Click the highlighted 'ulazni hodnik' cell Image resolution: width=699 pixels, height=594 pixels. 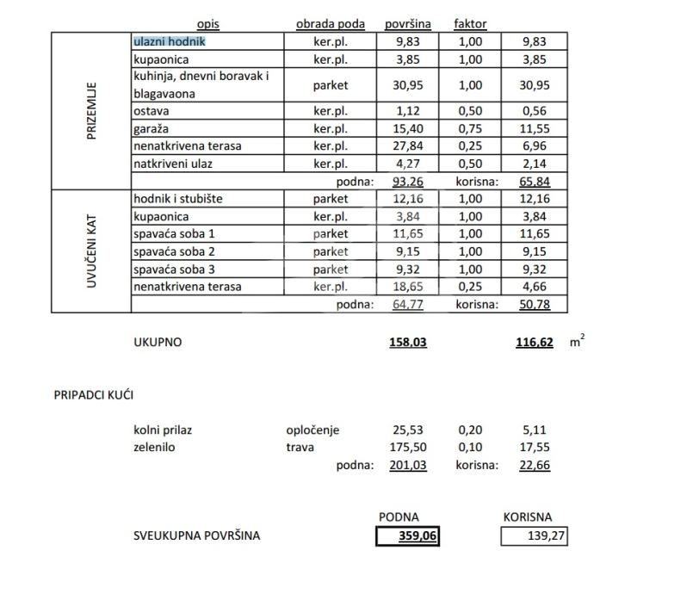170,41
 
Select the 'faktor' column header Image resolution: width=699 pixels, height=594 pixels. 470,24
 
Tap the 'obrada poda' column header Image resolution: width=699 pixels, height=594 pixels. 331,24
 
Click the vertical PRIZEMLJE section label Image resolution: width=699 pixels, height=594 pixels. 92,111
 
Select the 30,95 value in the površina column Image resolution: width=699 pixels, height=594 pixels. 409,85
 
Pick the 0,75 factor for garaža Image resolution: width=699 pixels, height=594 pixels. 470,128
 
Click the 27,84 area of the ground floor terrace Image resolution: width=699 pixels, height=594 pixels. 409,145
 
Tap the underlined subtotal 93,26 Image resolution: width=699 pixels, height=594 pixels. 409,182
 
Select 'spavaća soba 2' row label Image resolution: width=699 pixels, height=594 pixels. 176,251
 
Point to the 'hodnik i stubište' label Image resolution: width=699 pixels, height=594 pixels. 178,199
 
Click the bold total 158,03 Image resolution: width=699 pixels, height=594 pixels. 408,342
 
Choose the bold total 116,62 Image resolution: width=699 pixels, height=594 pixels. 534,342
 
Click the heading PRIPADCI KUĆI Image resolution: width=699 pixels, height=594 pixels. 93,395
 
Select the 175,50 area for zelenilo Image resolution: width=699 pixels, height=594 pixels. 409,448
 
